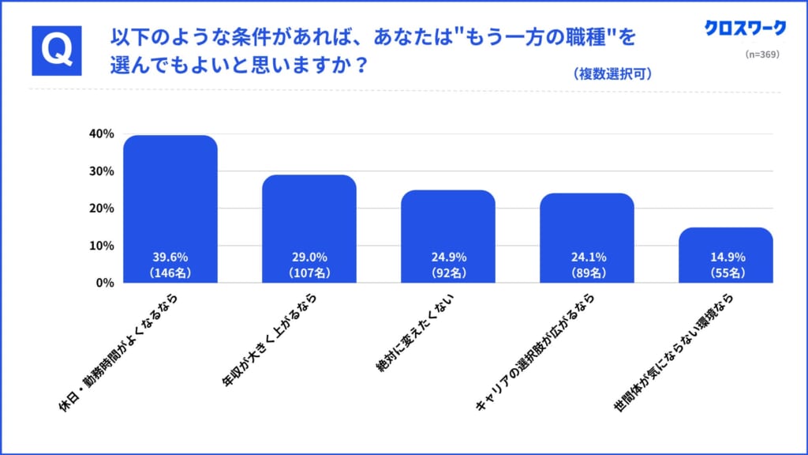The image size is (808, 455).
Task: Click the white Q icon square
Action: point(57,51)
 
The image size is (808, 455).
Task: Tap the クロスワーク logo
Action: point(745,28)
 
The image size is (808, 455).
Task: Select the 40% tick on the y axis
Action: point(102,133)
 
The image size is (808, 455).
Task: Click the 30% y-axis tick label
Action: point(102,171)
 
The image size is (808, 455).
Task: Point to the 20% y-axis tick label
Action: point(102,209)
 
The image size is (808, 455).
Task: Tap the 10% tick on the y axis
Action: point(102,246)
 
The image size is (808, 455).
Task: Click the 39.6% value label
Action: point(170,257)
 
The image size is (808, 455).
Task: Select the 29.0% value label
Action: point(309,257)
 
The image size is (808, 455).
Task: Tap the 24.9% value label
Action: point(448,257)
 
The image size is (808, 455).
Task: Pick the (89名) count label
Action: point(587,273)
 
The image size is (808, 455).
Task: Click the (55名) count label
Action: point(726,273)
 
